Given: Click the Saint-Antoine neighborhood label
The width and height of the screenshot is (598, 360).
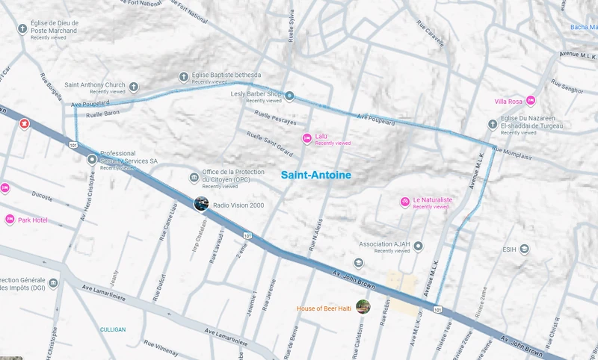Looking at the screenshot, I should click(315, 175).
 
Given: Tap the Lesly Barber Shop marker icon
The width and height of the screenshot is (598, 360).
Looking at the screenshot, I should click(289, 96).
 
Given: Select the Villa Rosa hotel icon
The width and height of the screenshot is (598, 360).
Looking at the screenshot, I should click(530, 101).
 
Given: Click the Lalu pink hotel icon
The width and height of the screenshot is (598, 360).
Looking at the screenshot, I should click(306, 138).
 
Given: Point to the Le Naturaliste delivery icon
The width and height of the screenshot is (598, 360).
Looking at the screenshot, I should click(404, 202).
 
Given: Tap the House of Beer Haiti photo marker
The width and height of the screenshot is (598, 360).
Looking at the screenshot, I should click(363, 306).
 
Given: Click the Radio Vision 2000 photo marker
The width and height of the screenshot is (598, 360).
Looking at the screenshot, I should click(201, 203).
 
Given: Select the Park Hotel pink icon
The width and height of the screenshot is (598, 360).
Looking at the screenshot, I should click(10, 220).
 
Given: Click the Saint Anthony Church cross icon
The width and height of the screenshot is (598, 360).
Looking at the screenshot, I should click(134, 86).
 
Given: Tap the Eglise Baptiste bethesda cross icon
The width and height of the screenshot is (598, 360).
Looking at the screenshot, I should click(184, 76).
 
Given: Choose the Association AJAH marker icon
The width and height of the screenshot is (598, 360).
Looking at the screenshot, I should click(419, 246).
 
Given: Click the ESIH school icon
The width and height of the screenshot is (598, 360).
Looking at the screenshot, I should click(525, 249).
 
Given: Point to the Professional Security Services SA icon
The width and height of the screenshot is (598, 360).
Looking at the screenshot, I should click(92, 159).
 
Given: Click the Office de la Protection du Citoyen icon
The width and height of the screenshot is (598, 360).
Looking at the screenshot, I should click(194, 178).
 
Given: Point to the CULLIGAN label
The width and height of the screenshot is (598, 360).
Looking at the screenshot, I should click(113, 329).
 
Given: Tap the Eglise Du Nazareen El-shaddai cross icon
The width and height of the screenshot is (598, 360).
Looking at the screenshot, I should click(493, 124).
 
